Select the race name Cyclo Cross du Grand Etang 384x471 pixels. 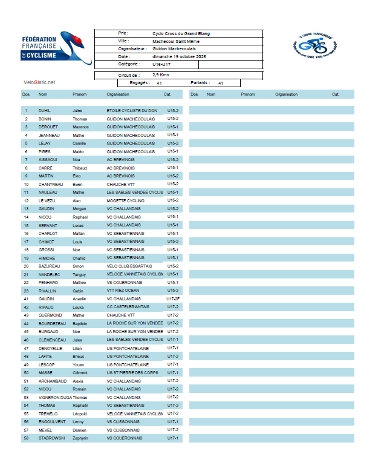click(x=181, y=34)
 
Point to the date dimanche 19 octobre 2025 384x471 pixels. click(x=180, y=56)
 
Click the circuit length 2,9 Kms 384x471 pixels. click(x=161, y=75)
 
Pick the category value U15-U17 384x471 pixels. click(x=161, y=64)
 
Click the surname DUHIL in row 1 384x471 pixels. click(x=45, y=111)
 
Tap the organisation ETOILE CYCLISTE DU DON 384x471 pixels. click(x=132, y=111)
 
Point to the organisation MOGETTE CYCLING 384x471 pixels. click(x=126, y=200)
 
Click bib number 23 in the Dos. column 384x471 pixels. click(x=26, y=291)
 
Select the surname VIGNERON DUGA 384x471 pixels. click(x=55, y=397)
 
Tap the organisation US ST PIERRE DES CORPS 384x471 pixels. click(x=132, y=372)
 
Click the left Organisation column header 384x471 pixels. click(x=118, y=94)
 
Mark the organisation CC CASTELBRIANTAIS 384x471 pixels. click(x=128, y=307)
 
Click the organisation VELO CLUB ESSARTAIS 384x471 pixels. click(x=129, y=266)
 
